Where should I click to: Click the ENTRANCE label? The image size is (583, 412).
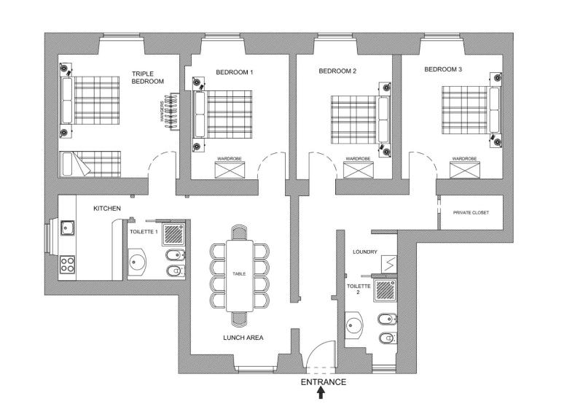point(323,382)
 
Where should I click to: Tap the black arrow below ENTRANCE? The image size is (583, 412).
point(321,394)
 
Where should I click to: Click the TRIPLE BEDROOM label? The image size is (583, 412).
point(148,77)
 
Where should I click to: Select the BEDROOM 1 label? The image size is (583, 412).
point(235,72)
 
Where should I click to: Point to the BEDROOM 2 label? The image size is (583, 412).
point(337,71)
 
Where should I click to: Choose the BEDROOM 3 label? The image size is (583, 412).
point(443,70)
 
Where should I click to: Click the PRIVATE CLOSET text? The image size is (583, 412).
point(471,212)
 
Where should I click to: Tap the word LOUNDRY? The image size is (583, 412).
point(364,252)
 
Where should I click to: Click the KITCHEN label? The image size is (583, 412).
point(106,209)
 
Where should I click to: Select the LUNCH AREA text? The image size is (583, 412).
point(243,338)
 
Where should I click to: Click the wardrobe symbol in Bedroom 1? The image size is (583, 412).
point(234,171)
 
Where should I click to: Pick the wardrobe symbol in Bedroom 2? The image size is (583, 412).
point(358,171)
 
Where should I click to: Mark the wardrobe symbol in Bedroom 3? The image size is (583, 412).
point(464,171)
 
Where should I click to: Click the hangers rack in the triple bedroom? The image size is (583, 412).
point(173,112)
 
